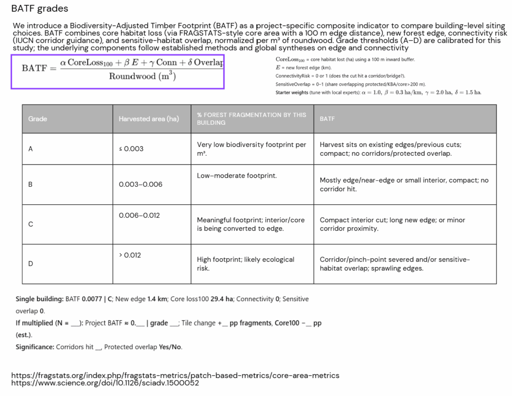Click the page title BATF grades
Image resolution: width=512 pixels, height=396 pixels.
[x=39, y=9]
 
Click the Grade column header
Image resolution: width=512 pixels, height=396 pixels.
[x=37, y=119]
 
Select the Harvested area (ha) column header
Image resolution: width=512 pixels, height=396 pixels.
[x=148, y=119]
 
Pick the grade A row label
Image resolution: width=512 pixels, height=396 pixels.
[x=30, y=149]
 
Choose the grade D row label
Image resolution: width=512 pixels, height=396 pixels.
[x=30, y=264]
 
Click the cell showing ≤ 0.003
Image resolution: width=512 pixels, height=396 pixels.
[x=131, y=149]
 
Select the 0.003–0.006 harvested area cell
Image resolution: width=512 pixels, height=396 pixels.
[x=140, y=184]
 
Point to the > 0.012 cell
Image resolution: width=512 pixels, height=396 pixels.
[x=130, y=255]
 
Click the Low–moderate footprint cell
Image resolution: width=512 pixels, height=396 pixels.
[x=236, y=176]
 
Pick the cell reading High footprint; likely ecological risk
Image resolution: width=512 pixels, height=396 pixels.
[x=245, y=264]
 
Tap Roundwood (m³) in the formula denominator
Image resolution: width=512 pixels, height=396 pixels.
[x=142, y=77]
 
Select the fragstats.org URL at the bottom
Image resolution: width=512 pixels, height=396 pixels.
[x=175, y=376]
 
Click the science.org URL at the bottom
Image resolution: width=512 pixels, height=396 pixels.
[x=105, y=383]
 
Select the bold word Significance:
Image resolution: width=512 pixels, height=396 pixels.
[x=34, y=347]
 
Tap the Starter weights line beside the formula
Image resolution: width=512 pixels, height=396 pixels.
[x=378, y=93]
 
